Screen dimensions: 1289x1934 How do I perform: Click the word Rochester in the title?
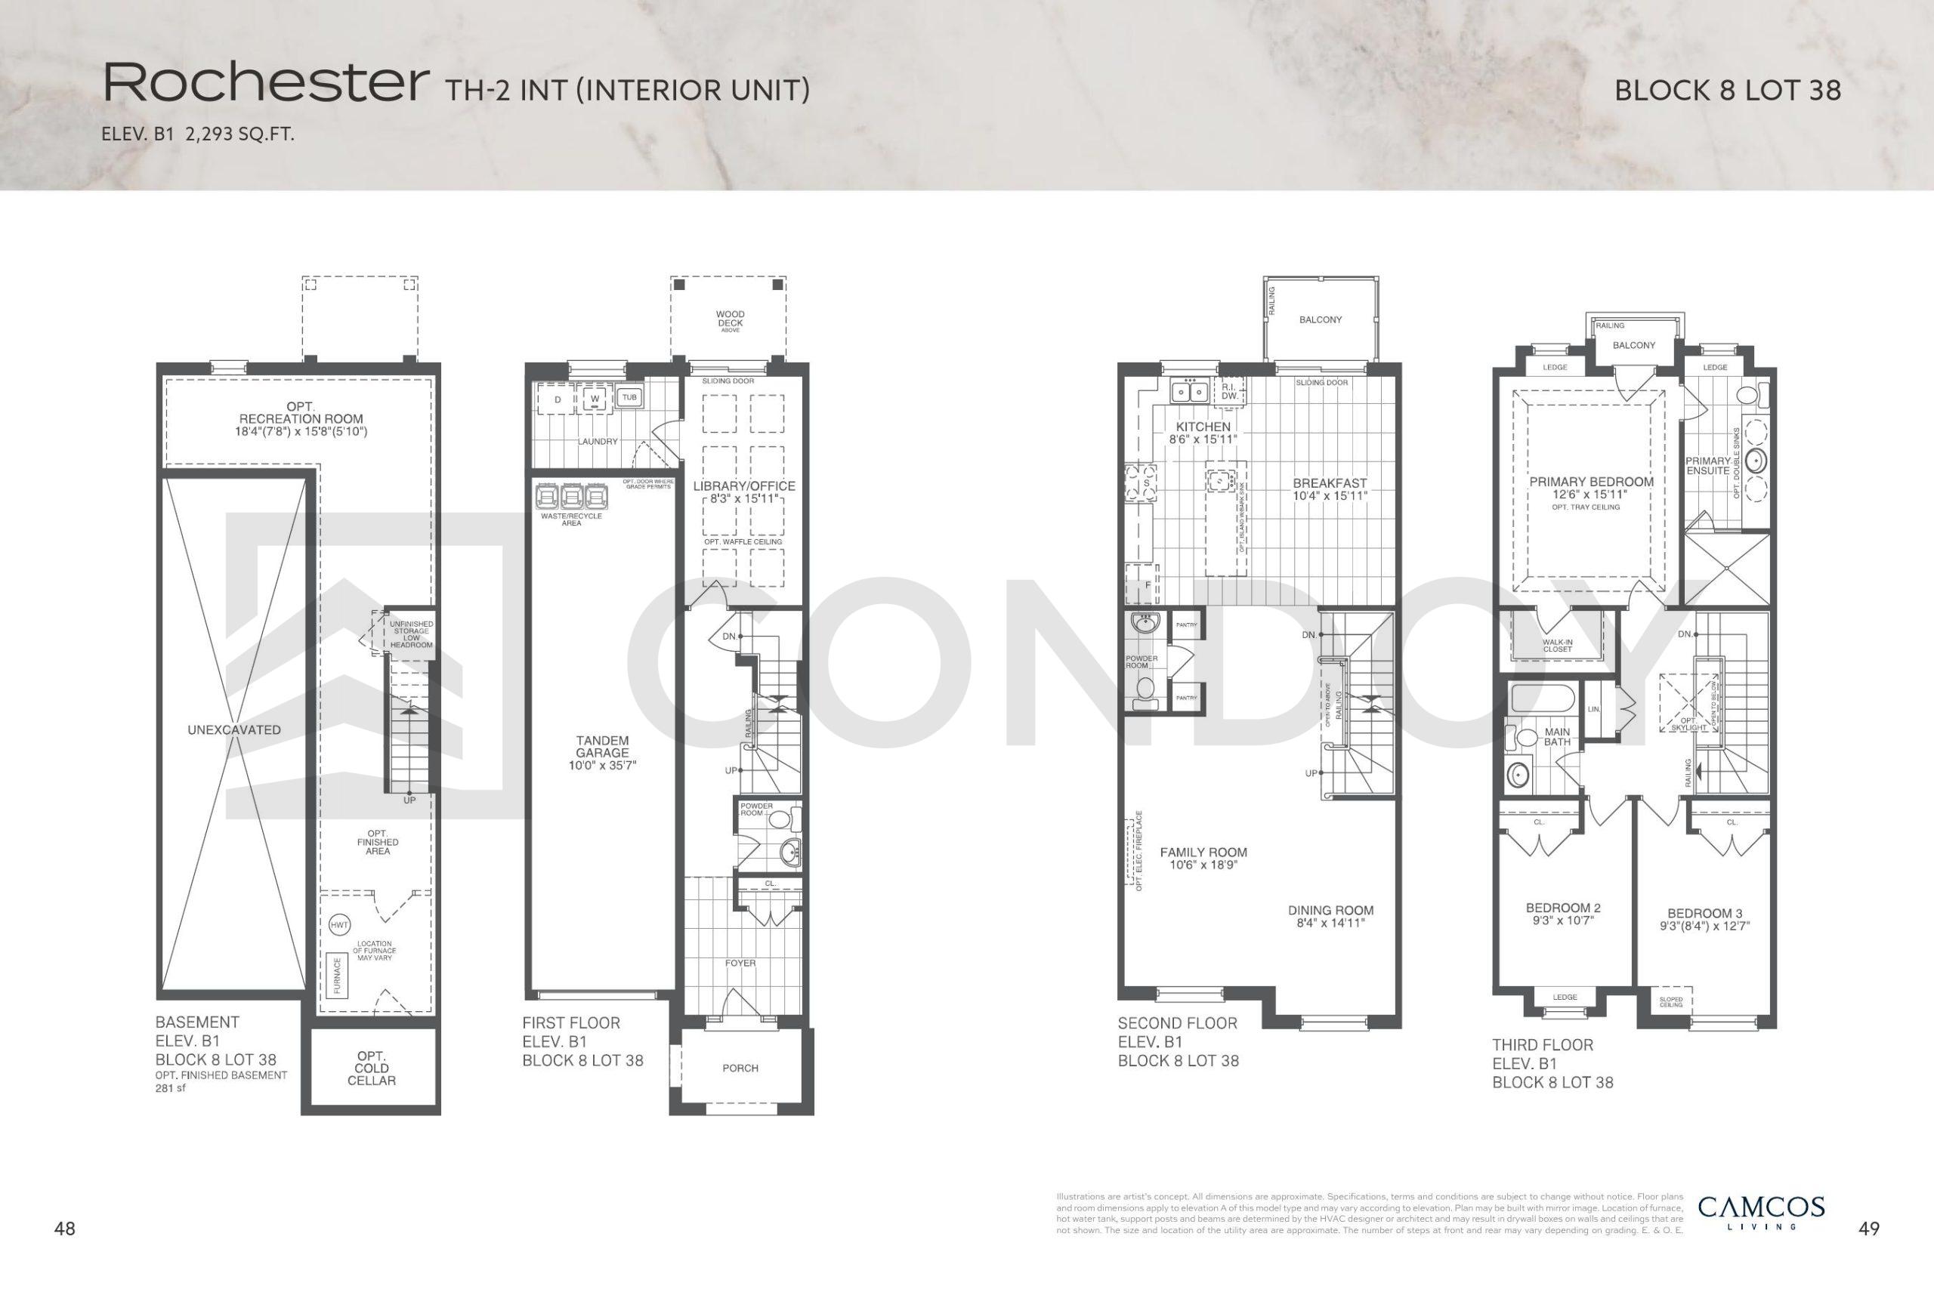click(x=264, y=84)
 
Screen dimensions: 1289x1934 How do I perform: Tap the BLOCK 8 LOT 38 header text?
click(x=1727, y=91)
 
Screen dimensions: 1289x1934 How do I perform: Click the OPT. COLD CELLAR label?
click(x=371, y=1068)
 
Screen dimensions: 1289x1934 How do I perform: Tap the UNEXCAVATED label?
click(x=233, y=730)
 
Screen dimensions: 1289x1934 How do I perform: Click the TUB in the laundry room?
click(x=629, y=398)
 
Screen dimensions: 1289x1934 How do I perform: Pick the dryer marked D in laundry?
click(x=558, y=400)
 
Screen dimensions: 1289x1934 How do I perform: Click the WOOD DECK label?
click(x=729, y=319)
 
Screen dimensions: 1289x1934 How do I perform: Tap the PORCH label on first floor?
click(x=740, y=1068)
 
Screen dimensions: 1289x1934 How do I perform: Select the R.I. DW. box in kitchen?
click(x=1230, y=392)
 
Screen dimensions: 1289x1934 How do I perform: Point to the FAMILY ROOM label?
click(x=1203, y=853)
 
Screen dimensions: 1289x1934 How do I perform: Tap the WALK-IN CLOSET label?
click(x=1556, y=646)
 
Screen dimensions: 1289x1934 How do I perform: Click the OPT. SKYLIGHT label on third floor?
click(x=1687, y=724)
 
